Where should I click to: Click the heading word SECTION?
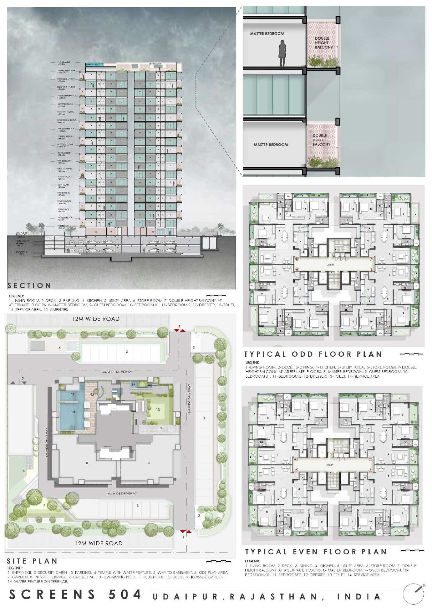click(x=29, y=286)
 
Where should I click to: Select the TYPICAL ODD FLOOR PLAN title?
click(x=313, y=354)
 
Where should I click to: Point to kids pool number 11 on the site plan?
click(x=73, y=394)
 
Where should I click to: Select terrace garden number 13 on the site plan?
click(x=158, y=409)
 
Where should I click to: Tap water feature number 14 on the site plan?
click(x=133, y=385)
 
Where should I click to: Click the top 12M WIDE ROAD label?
click(x=95, y=319)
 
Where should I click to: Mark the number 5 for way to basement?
click(x=23, y=378)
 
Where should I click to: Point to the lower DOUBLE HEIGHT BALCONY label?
click(x=321, y=140)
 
